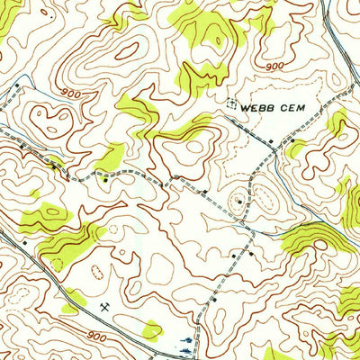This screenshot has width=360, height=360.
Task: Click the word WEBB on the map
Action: pyautogui.click(x=259, y=105)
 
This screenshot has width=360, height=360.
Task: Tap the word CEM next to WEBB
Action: pyautogui.click(x=297, y=105)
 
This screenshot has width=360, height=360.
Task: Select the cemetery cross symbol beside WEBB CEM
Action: pyautogui.click(x=232, y=104)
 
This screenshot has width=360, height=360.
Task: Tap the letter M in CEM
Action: pyautogui.click(x=307, y=105)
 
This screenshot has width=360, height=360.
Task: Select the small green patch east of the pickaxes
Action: pyautogui.click(x=154, y=328)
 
